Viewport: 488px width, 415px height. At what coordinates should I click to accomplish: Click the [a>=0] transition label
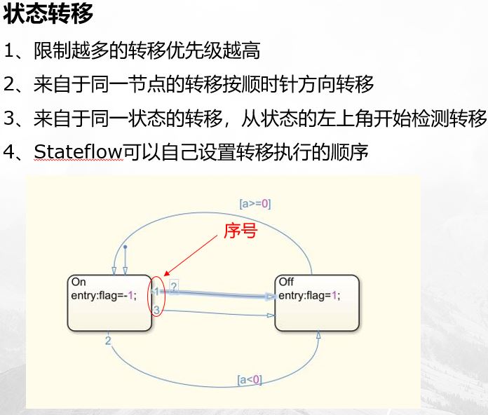coord(255,204)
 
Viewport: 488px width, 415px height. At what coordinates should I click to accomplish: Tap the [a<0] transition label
coord(250,380)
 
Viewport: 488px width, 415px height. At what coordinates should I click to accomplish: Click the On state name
coord(79,282)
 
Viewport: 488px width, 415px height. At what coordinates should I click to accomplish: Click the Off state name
coord(286,282)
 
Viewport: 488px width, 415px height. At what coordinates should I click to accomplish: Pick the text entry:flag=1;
coord(309,295)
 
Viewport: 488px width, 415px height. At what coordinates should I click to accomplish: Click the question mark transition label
coord(173,286)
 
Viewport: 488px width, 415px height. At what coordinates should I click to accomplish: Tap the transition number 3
coord(157,309)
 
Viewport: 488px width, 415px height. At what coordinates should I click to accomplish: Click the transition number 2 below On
coord(108,341)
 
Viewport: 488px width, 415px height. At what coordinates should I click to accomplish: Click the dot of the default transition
coord(125,247)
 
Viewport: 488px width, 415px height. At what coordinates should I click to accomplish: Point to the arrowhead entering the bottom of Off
coord(318,336)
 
